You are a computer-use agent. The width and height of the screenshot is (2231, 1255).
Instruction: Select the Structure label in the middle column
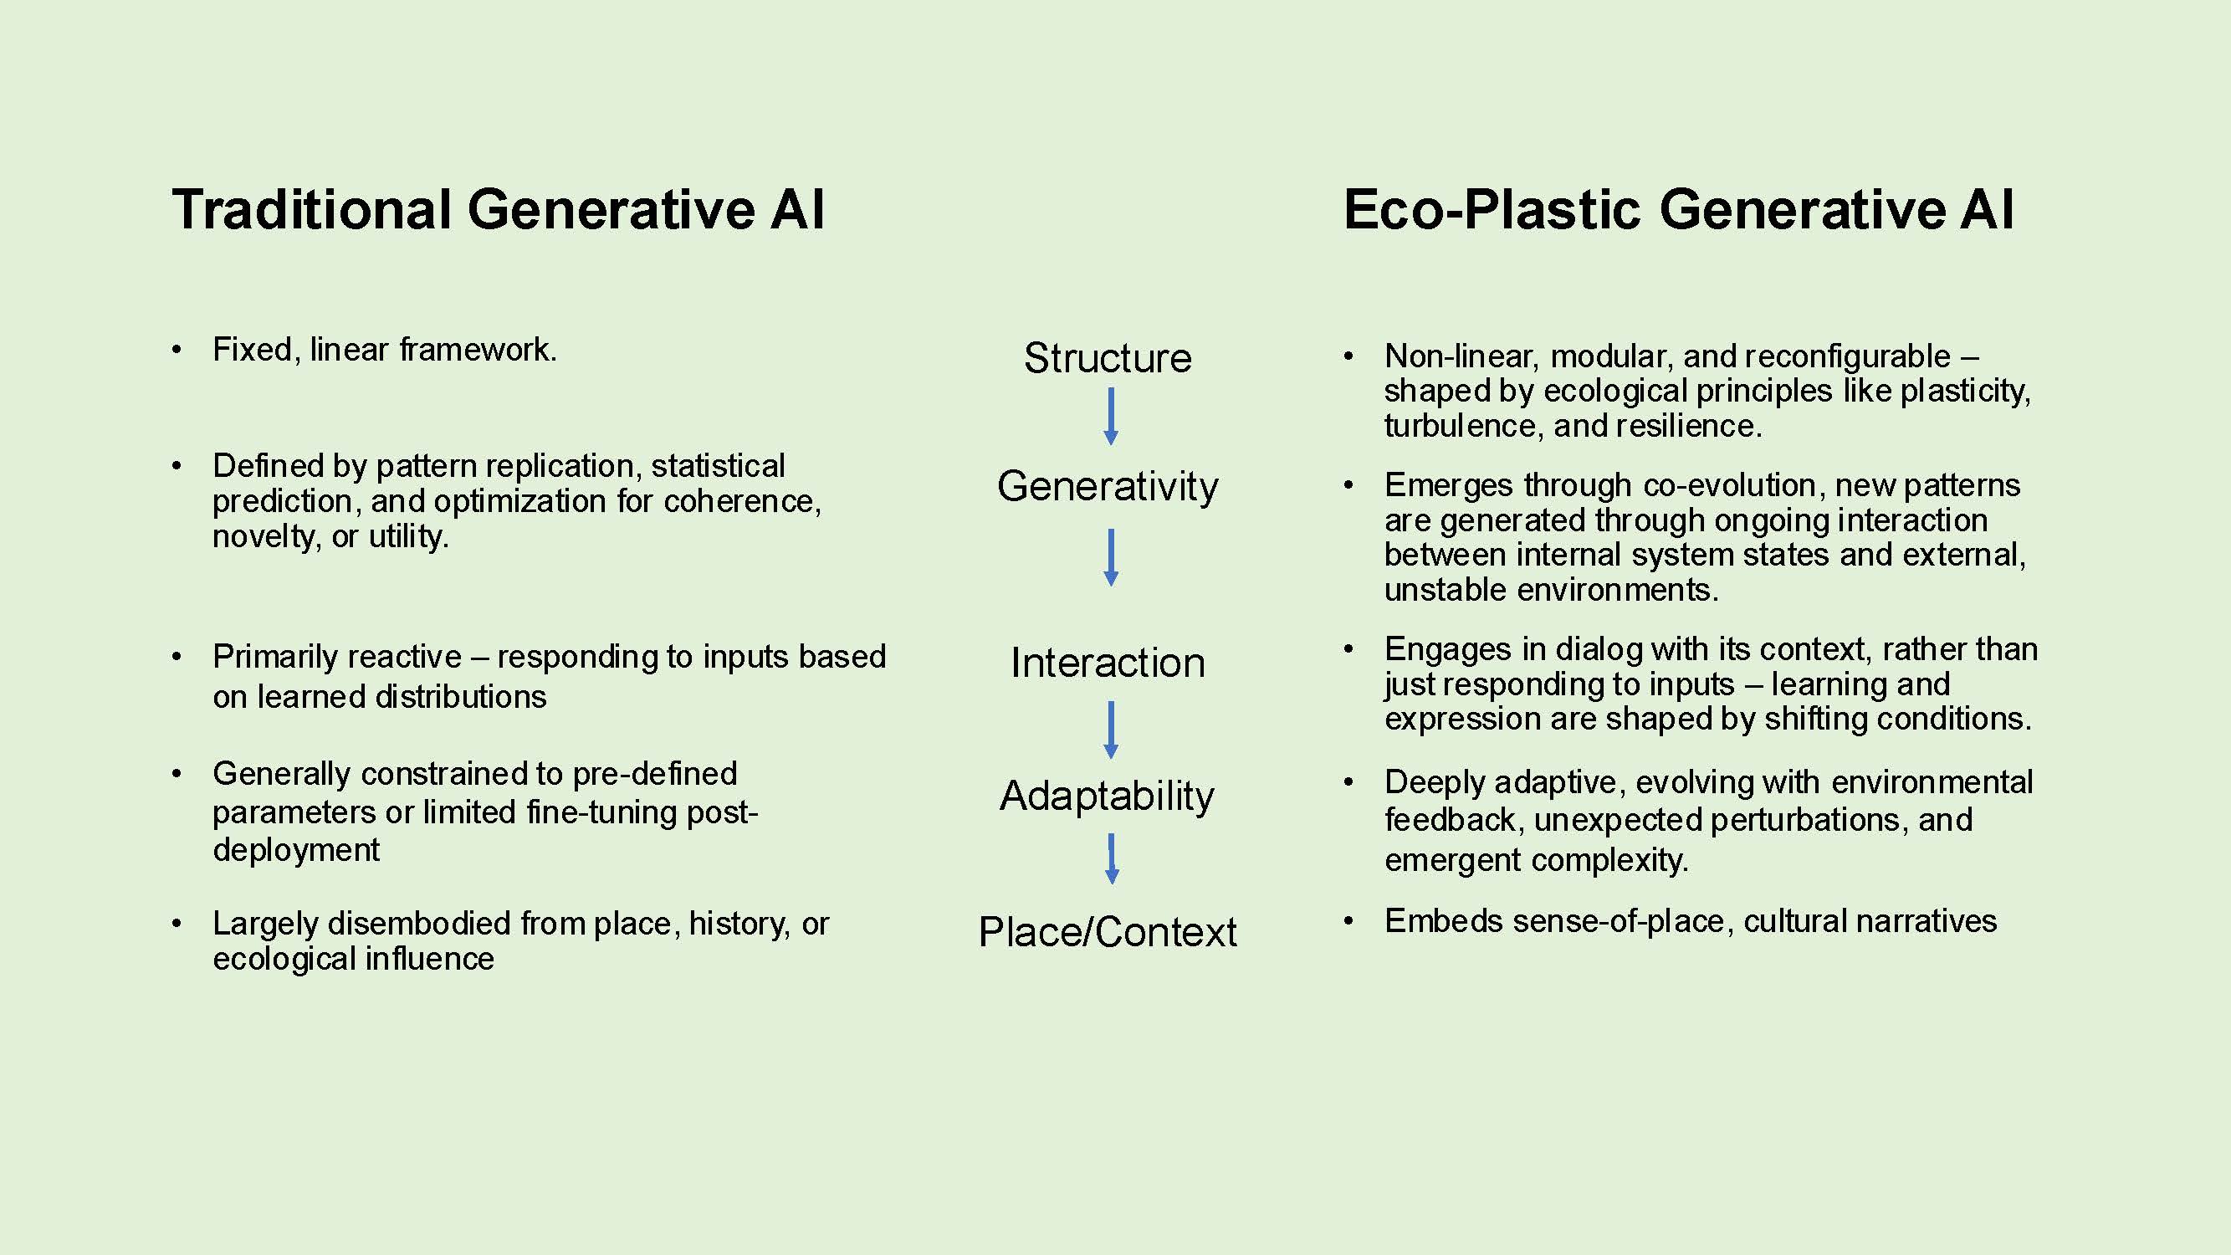pos(1108,358)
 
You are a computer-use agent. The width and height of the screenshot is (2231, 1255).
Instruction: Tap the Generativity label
pos(1108,486)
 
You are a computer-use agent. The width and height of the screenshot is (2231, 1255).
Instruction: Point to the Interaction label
pos(1108,663)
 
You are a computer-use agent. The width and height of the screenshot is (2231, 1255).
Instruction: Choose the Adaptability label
pos(1108,796)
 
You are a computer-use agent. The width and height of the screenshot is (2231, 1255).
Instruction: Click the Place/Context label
pos(1108,932)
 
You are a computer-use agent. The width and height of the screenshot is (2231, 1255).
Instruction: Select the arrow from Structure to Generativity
pos(1111,417)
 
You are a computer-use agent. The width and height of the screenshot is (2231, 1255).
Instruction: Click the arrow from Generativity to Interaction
pos(1111,558)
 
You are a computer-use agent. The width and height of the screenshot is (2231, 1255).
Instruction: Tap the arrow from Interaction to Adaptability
pos(1111,730)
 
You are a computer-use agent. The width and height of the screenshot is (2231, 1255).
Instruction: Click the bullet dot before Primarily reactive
pos(177,658)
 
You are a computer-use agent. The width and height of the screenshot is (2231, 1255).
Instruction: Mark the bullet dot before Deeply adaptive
pos(1348,782)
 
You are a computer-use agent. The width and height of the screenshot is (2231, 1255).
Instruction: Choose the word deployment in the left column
pos(296,851)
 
